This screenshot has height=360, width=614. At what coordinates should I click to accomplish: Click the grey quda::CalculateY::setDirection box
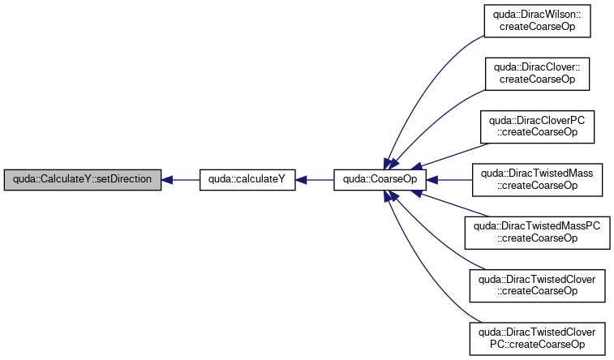pyautogui.click(x=83, y=180)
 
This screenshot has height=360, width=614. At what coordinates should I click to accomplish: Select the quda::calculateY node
pyautogui.click(x=247, y=180)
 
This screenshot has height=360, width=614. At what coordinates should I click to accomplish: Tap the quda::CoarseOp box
pyautogui.click(x=380, y=180)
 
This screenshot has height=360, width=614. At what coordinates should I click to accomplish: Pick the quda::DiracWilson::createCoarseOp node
pyautogui.click(x=537, y=21)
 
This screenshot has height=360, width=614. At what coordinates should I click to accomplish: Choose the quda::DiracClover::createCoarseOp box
pyautogui.click(x=537, y=74)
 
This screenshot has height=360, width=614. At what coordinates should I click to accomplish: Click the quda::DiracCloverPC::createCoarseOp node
pyautogui.click(x=537, y=126)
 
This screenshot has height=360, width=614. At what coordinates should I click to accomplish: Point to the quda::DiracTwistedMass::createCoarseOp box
pyautogui.click(x=537, y=180)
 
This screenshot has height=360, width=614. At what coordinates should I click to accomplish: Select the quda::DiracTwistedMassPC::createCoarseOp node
pyautogui.click(x=537, y=233)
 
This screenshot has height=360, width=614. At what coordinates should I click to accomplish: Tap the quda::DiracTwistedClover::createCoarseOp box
pyautogui.click(x=537, y=285)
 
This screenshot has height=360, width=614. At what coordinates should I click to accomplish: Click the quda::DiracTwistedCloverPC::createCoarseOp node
pyautogui.click(x=537, y=338)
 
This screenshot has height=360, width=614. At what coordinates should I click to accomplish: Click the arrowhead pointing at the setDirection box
pyautogui.click(x=167, y=180)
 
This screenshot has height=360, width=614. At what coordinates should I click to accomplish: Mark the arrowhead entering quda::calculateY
pyautogui.click(x=301, y=180)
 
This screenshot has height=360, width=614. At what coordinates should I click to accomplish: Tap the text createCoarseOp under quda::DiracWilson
pyautogui.click(x=537, y=27)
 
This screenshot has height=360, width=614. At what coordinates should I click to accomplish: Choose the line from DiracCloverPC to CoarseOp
pyautogui.click(x=454, y=155)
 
